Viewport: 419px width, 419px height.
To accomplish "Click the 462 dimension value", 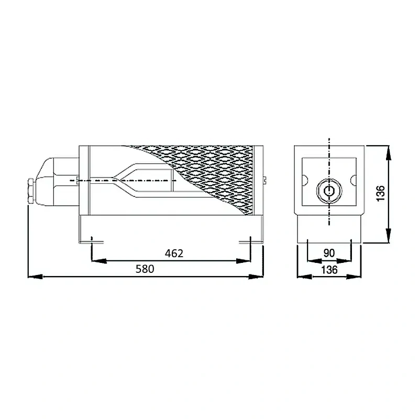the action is [174, 253].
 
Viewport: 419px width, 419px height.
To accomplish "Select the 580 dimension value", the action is [145, 269].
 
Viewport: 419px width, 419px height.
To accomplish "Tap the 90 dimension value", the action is [329, 253].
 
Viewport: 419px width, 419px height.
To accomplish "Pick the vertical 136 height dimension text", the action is [380, 193].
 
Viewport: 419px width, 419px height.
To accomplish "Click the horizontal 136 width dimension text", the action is [329, 270].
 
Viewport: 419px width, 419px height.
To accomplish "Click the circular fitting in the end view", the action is [329, 191].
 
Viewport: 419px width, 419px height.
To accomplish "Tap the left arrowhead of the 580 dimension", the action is [35, 277].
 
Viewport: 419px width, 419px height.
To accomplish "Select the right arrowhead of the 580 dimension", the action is [256, 277].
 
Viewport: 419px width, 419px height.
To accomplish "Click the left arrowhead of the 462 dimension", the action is [99, 261].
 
